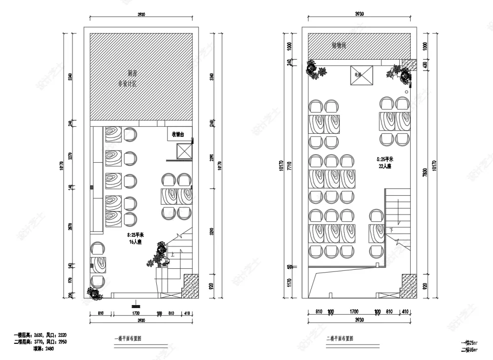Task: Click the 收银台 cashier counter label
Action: point(177,134)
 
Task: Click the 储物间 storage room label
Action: point(339,45)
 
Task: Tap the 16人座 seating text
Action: point(135,242)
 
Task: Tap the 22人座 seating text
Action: point(385,167)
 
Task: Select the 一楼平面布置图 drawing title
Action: point(128,339)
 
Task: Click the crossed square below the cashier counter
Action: point(183,151)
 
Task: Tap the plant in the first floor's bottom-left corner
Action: point(93,292)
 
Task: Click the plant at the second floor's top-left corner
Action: point(314,69)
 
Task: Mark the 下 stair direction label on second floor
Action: point(391,230)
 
